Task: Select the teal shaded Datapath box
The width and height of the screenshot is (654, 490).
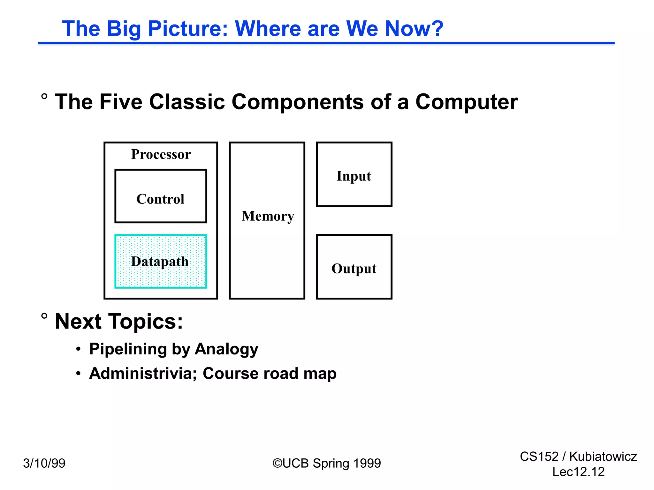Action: [161, 262]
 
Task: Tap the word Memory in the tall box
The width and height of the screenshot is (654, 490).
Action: [268, 216]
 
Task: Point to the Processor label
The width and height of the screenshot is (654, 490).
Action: [161, 154]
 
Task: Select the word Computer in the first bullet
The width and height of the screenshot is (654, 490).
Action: [466, 102]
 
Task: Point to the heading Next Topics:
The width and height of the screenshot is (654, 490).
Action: [119, 321]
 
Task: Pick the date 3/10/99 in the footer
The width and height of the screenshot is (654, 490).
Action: [44, 463]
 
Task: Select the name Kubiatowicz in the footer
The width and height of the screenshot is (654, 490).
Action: [603, 457]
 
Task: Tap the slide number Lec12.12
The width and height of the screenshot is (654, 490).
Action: [578, 472]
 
